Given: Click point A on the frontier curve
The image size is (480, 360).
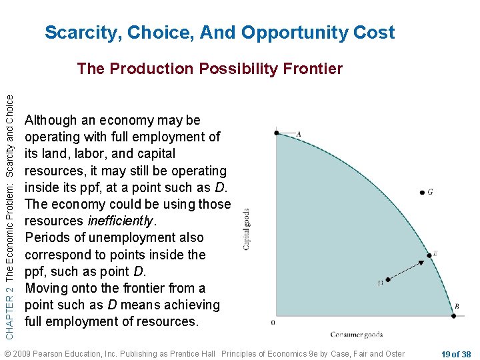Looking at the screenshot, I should click(277, 133).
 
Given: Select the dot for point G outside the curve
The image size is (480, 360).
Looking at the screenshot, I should click(422, 193).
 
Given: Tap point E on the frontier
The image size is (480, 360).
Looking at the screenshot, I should click(429, 255).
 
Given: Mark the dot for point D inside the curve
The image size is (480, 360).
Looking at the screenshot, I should click(388, 280).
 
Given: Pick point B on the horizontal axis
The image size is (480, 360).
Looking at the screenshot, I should click(453, 315).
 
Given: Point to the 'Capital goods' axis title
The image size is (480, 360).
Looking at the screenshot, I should click(247, 229).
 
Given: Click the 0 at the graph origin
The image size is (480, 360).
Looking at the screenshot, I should click(273, 322).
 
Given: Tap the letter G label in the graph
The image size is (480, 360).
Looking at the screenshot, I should click(431, 192).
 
